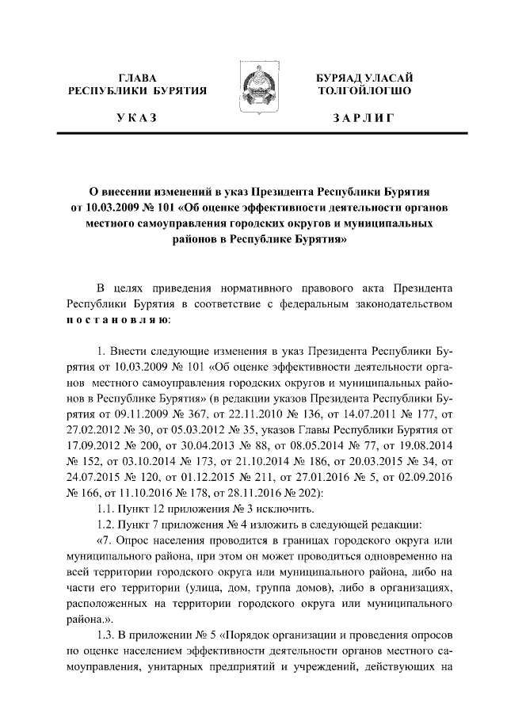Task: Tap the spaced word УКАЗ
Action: pyautogui.click(x=136, y=119)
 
